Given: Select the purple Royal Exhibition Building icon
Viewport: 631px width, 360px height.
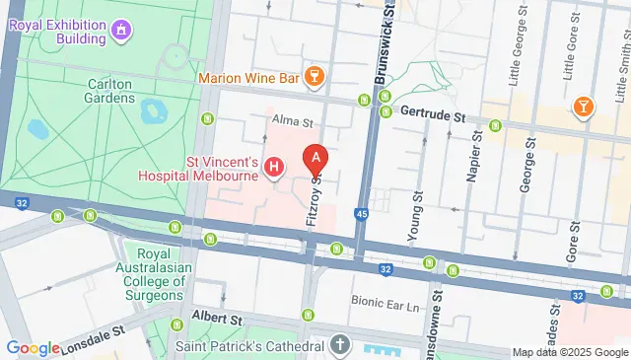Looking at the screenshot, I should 120,30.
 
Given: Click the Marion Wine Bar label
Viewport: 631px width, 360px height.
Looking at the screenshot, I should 247,77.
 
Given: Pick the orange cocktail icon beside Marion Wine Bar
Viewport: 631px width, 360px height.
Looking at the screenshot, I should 315,76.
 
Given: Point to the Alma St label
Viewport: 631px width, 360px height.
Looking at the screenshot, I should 293,123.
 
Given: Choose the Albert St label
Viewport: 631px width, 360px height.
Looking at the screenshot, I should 218,320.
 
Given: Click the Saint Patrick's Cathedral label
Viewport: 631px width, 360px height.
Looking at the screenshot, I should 249,347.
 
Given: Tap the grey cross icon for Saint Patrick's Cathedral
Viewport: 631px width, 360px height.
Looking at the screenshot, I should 340,346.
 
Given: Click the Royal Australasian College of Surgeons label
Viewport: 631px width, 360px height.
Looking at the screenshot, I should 154,271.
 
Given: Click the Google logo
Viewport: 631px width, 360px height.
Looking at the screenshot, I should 33,348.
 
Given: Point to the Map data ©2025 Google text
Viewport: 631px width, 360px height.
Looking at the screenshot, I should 569,352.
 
